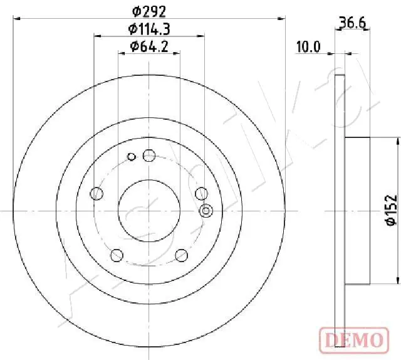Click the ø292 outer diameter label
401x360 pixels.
149,10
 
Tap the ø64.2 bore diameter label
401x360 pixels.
149,46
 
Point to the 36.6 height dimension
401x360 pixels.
352,24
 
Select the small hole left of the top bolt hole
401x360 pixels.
131,157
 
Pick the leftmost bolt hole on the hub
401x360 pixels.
96,194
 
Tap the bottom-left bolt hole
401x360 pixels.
116,255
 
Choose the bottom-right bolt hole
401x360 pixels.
182,255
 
